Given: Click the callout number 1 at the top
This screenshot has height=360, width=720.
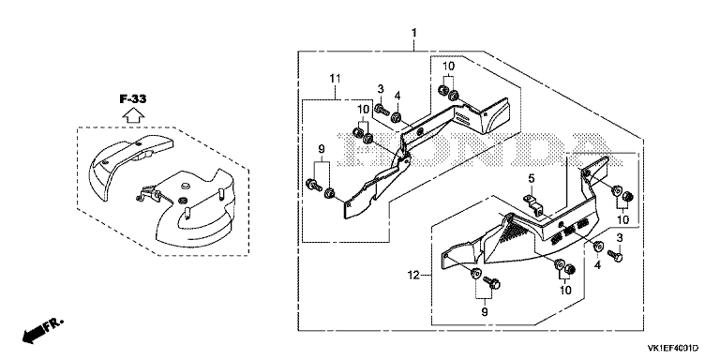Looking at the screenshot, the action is (414, 33).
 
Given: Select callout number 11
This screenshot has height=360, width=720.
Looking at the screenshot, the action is (336, 79).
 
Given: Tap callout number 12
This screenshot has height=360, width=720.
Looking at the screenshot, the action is (413, 276).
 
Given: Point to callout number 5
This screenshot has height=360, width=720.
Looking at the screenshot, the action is (532, 178).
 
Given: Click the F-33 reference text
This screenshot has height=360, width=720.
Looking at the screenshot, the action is (133, 98).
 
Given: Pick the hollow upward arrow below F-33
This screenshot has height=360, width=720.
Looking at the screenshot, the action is (133, 114).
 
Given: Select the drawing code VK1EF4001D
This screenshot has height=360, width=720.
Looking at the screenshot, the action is (673, 348).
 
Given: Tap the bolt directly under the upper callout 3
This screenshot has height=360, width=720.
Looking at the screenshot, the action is (382, 110).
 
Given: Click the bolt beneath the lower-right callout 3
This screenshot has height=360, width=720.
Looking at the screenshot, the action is (615, 255).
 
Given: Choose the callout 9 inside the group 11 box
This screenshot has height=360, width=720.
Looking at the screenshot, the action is (322, 149).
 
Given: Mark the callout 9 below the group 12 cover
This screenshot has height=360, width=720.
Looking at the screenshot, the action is (485, 312).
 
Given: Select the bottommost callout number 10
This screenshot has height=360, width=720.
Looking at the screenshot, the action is (564, 291).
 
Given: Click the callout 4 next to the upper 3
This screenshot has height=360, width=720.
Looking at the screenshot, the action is (397, 97).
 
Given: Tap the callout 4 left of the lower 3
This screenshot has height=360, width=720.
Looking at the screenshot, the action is (597, 265).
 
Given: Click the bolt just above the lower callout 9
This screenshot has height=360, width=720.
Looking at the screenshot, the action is (492, 282).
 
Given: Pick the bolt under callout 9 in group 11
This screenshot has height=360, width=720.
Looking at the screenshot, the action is (313, 185).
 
